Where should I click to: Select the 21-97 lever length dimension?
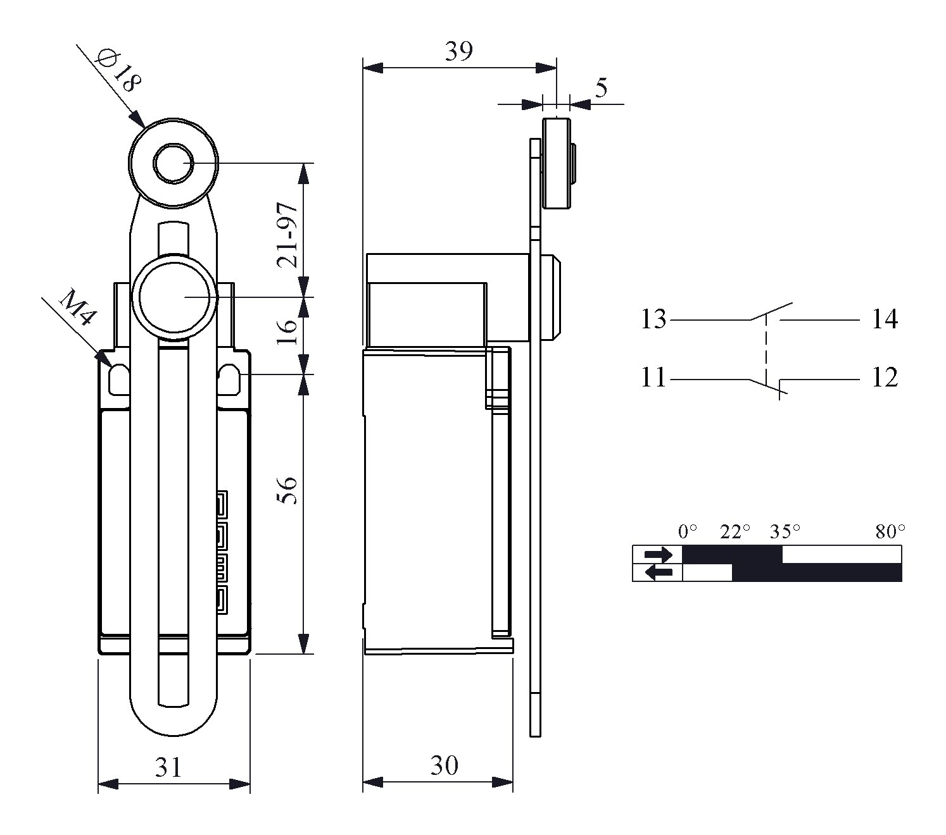click(x=287, y=235)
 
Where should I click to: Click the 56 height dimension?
click(x=287, y=490)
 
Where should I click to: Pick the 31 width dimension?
click(x=168, y=767)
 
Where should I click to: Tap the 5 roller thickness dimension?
click(x=600, y=88)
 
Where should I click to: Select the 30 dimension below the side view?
click(x=445, y=766)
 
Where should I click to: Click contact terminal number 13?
click(x=653, y=319)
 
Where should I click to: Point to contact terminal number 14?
click(x=885, y=319)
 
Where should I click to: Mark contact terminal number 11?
click(x=653, y=378)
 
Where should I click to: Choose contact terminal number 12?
click(x=885, y=378)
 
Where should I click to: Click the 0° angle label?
click(x=688, y=531)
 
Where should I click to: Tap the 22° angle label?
click(x=735, y=531)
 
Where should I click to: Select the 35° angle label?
click(x=785, y=531)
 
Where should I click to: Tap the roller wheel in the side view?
click(x=557, y=163)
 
